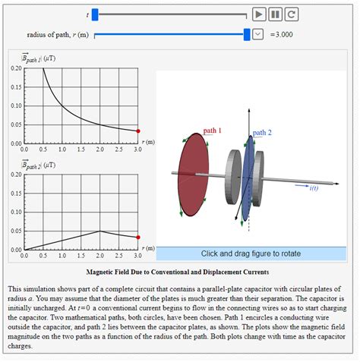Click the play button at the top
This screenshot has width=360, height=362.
(259, 14)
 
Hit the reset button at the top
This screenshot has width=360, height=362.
(291, 14)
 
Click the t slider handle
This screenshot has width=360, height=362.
(95, 14)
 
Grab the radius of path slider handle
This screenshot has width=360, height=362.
(247, 34)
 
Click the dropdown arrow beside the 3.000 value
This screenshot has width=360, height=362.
(257, 34)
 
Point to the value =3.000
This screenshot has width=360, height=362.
(281, 34)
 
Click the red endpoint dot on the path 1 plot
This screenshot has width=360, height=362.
(137, 131)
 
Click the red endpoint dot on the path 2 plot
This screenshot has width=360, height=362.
(137, 238)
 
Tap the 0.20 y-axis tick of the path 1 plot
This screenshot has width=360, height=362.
(16, 68)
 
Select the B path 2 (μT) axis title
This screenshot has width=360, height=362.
(35, 164)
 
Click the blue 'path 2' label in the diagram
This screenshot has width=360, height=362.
(261, 133)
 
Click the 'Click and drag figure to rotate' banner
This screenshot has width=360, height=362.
(251, 253)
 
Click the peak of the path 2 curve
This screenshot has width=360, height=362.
(99, 231)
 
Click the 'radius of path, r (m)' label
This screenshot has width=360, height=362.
(58, 35)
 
